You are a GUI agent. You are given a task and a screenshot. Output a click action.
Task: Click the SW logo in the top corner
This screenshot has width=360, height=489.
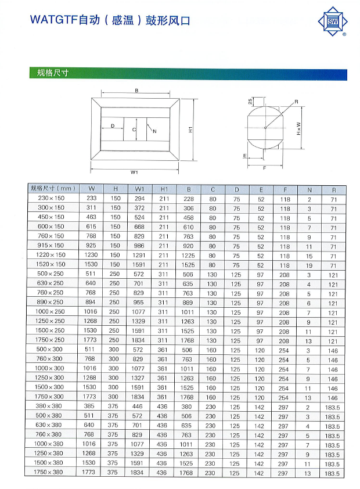333,22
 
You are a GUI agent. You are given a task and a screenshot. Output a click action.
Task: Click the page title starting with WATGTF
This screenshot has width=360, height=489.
110,20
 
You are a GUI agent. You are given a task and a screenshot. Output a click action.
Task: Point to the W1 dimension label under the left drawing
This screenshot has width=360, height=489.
134,172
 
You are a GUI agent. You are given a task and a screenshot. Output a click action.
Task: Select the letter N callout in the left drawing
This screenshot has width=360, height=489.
154,132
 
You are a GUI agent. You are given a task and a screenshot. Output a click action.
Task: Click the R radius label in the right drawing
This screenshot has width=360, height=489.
296,102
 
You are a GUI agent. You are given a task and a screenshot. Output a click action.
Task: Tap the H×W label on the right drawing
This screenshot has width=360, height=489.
299,128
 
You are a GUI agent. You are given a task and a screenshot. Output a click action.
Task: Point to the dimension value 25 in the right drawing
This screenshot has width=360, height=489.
250,101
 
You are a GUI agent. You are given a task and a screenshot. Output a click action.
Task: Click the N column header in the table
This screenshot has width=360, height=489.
309,189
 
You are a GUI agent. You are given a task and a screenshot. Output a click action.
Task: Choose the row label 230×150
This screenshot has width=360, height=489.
51,199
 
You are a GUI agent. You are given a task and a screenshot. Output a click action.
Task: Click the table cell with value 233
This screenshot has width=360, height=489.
91,199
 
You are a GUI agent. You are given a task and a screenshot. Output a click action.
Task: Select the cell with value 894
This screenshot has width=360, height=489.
91,303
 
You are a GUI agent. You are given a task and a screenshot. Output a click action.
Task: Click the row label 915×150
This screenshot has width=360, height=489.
51,246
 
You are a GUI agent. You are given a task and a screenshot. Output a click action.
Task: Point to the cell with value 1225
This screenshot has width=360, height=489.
188,256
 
